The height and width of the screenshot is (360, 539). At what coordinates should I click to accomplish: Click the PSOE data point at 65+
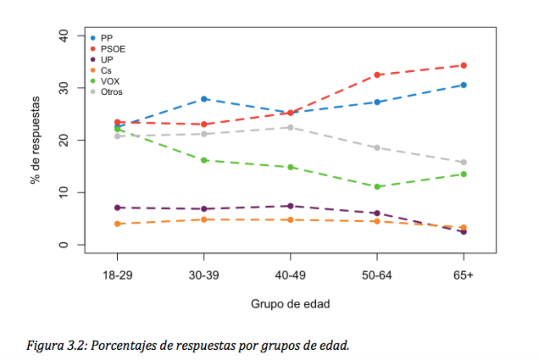coord(464,66)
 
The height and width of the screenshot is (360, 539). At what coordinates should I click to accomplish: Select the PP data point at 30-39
coord(204,99)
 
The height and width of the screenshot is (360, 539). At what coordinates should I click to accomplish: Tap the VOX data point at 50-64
coord(377,187)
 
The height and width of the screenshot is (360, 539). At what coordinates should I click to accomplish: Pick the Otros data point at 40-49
coord(290,127)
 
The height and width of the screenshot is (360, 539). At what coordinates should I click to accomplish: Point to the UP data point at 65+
coord(464,232)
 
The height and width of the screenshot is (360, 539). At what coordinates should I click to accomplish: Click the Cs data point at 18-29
coord(117,224)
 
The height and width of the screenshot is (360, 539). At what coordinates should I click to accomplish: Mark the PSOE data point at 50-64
coord(377,75)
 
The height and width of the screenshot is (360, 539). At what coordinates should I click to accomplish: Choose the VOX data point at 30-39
coord(204,160)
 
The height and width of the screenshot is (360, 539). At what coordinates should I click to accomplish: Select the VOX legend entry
coord(110,81)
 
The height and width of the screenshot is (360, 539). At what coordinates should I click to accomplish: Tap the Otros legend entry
coord(112,92)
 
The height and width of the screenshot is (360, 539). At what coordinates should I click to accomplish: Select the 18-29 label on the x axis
coord(117,276)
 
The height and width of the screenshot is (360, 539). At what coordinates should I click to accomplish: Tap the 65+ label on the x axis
coord(464,276)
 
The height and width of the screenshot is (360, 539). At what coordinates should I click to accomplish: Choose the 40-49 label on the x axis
coord(290,276)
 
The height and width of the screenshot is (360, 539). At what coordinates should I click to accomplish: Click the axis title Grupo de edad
coord(290,304)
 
